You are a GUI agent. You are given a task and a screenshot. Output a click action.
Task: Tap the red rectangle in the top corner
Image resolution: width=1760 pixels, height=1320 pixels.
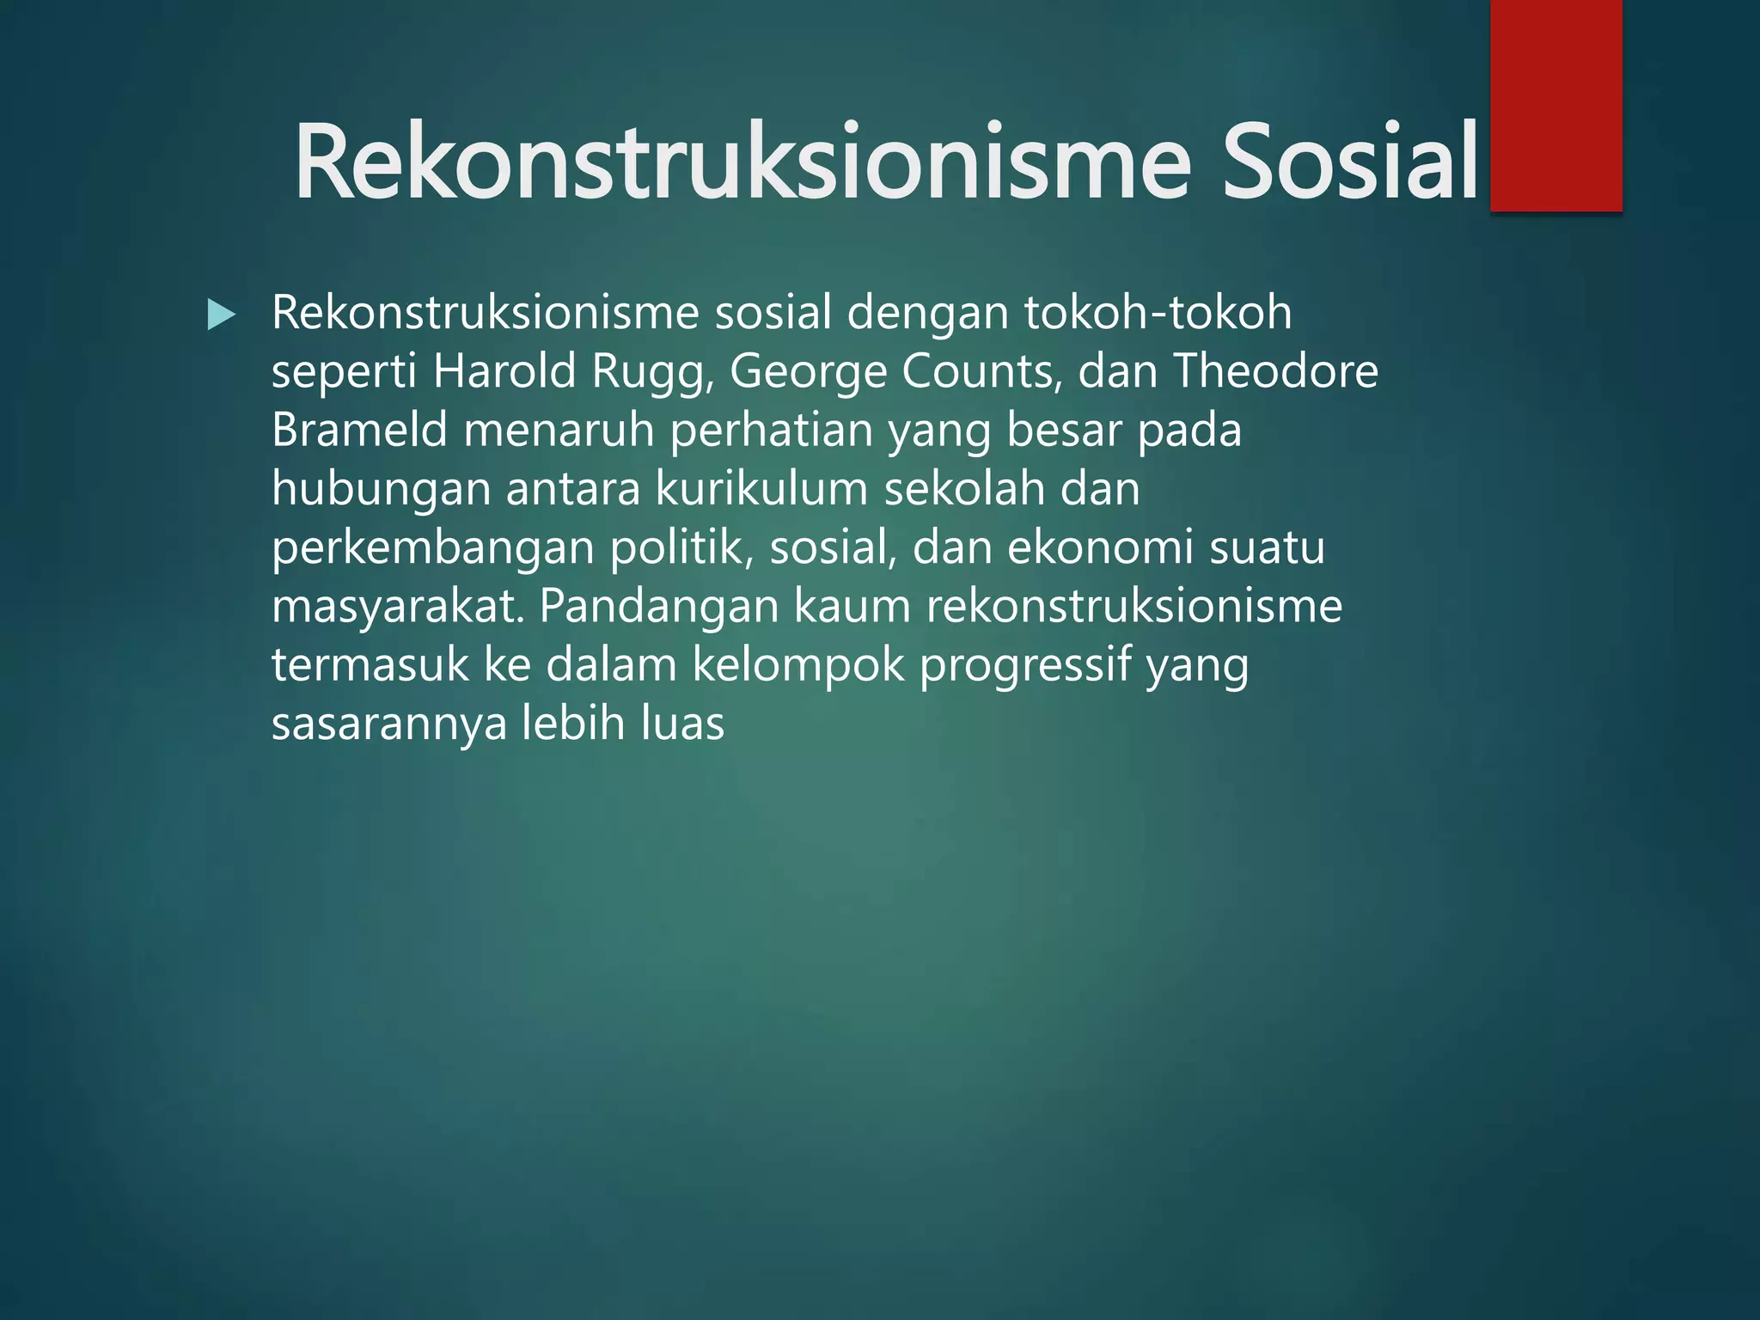tap(1555, 105)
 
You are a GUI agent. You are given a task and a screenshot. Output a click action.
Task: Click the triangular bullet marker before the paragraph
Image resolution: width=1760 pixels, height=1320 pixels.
tap(221, 315)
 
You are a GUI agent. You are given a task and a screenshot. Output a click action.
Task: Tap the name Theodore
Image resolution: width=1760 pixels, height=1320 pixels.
tap(1275, 371)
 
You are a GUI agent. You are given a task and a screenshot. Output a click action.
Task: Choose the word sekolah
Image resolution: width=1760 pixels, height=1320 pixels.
tap(963, 489)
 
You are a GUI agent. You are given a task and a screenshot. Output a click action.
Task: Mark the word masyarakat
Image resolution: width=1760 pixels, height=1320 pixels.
tap(397, 607)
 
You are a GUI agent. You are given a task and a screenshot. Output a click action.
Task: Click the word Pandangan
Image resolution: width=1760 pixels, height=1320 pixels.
tap(658, 607)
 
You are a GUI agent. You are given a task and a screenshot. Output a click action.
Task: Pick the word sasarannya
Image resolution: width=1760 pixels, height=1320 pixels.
tap(389, 724)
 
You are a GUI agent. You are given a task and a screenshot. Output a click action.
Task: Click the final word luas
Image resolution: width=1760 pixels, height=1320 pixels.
tap(682, 724)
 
